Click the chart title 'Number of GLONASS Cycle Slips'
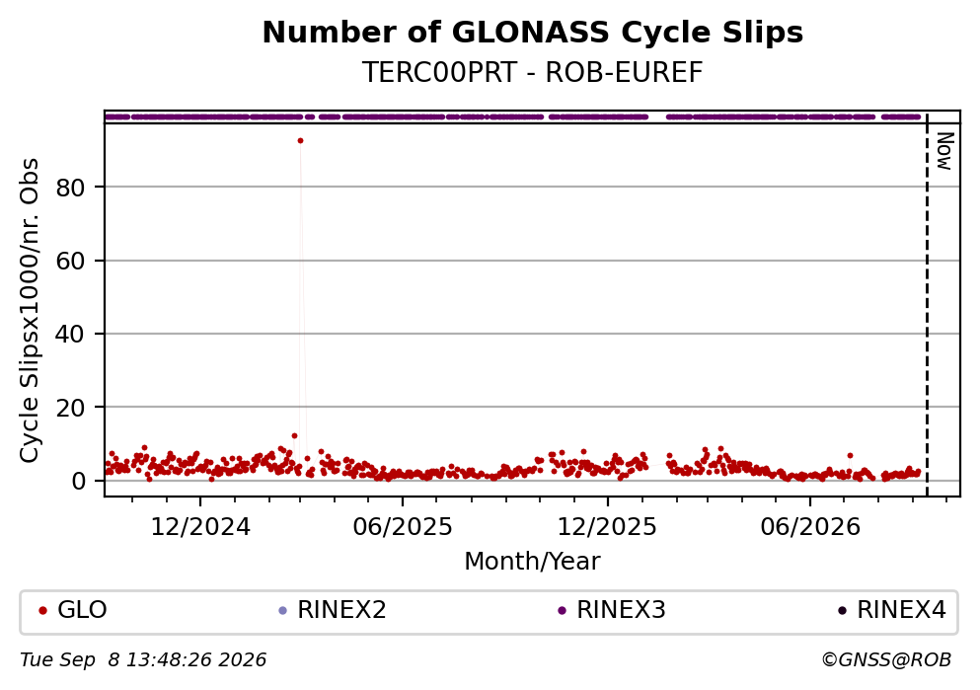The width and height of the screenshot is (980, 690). [533, 33]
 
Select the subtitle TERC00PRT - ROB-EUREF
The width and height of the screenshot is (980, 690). [533, 72]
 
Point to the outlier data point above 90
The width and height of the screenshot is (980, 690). [301, 141]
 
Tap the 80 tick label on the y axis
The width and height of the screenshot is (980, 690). [70, 187]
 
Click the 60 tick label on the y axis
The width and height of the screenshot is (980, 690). [70, 261]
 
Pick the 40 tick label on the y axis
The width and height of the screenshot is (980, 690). [70, 334]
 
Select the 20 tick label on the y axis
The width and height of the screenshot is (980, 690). [70, 408]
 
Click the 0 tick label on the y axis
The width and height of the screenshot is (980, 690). [78, 481]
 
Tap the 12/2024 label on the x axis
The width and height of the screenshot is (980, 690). [200, 527]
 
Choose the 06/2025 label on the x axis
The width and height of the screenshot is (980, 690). [403, 527]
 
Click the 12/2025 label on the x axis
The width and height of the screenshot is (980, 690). [607, 527]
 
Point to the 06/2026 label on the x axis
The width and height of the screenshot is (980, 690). [810, 527]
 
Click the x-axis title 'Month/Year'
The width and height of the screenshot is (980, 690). [533, 562]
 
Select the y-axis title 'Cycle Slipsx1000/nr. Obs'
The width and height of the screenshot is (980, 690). [30, 310]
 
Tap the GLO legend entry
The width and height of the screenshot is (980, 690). [72, 610]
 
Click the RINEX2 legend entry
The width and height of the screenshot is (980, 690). [333, 610]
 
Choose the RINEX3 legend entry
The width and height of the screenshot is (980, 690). [612, 610]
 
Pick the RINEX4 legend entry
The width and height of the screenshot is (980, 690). [892, 610]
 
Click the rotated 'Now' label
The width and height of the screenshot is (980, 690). [944, 151]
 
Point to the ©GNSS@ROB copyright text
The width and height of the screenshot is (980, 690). [886, 660]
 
